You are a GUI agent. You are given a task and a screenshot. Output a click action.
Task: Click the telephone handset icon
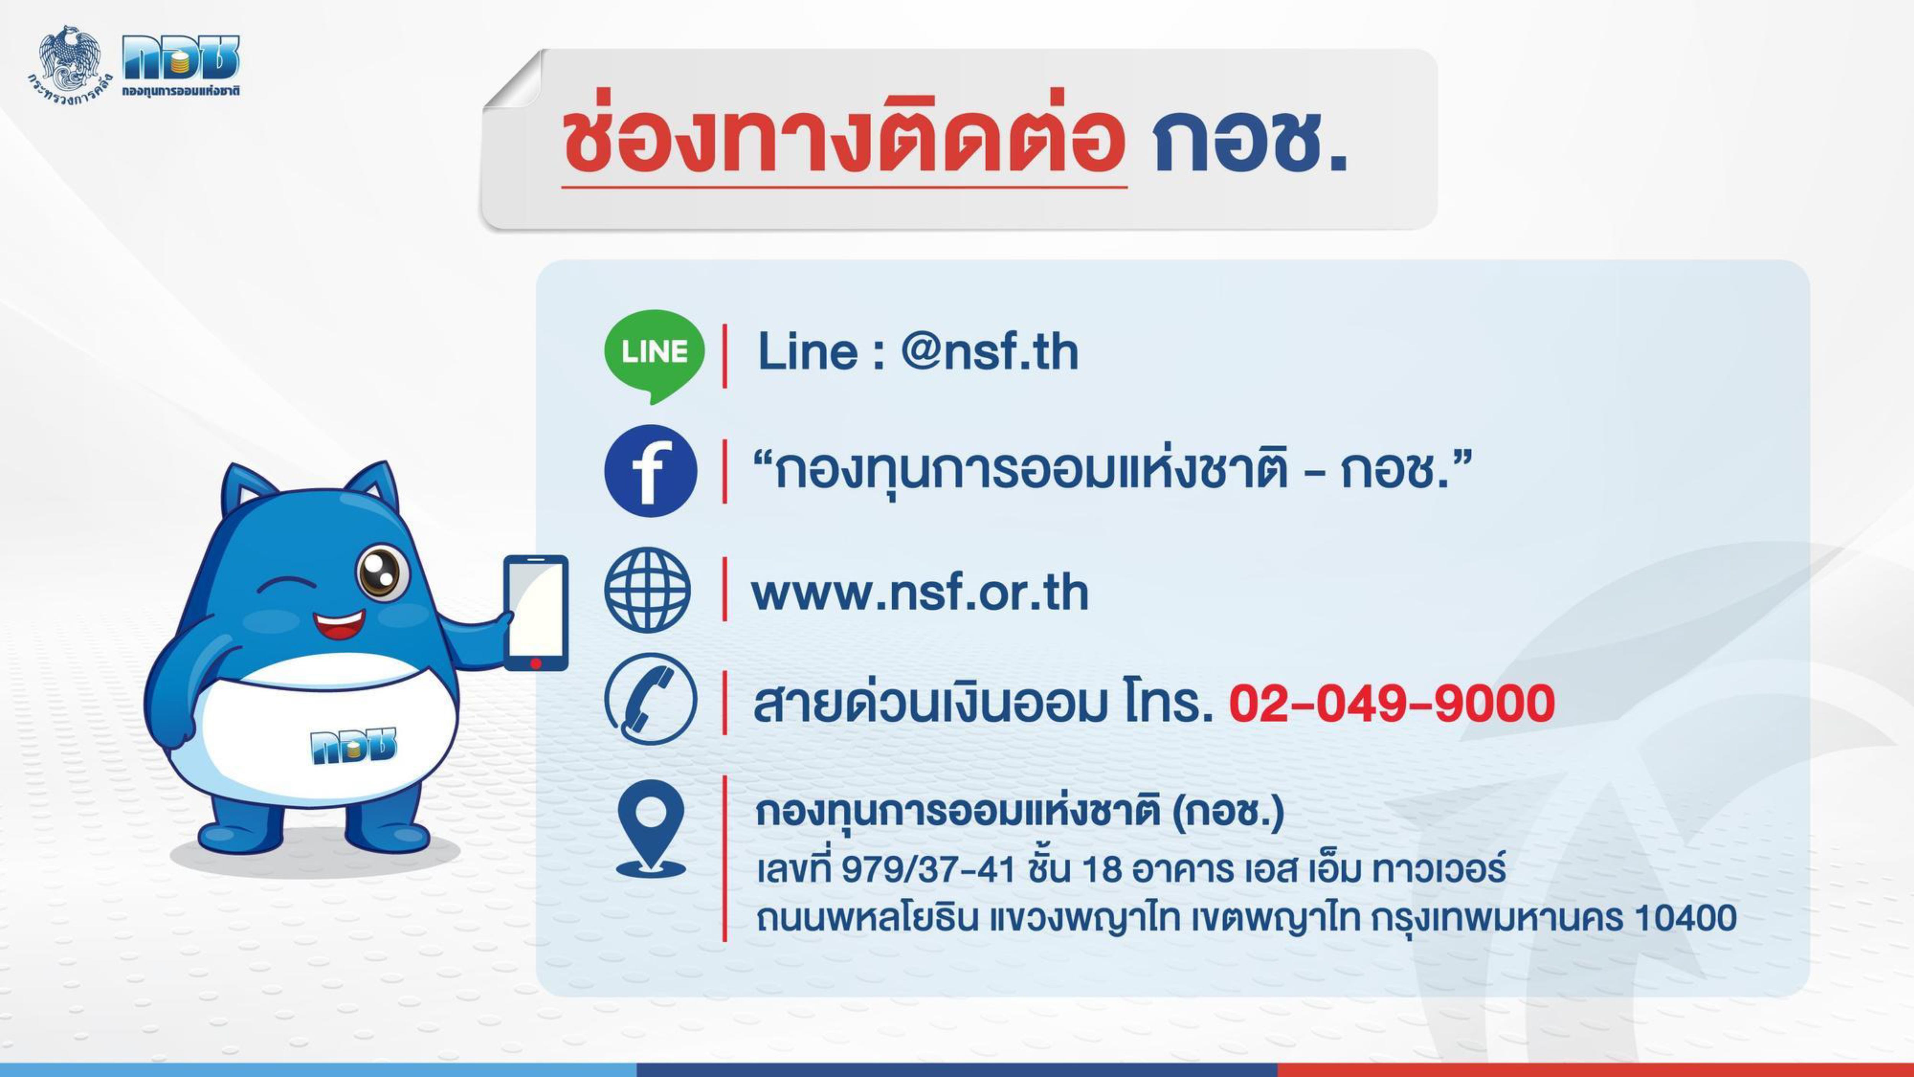click(651, 699)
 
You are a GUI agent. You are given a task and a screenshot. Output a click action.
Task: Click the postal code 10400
click(1685, 918)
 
